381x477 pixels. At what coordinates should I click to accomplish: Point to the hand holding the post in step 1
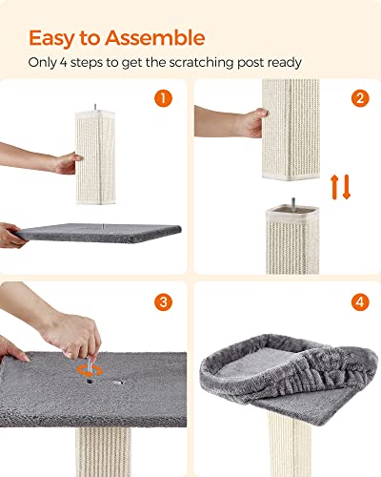click(63, 163)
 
